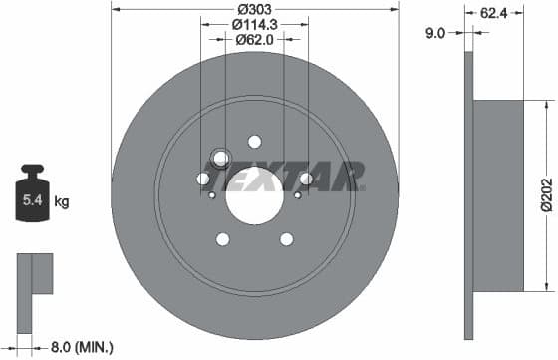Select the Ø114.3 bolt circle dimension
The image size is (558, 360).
point(254,25)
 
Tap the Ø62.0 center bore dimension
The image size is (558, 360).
point(254,40)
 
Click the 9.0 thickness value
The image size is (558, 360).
point(434,32)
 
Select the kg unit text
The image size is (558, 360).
point(62,202)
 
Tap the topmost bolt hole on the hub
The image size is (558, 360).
point(254,142)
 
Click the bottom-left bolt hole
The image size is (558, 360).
point(222,239)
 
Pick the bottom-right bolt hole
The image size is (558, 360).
point(287,239)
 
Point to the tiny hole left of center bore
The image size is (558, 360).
point(212,195)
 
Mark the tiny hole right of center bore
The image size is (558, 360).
point(297,195)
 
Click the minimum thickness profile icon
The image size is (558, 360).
point(34,275)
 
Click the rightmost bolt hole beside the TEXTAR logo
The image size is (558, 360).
point(306,180)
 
